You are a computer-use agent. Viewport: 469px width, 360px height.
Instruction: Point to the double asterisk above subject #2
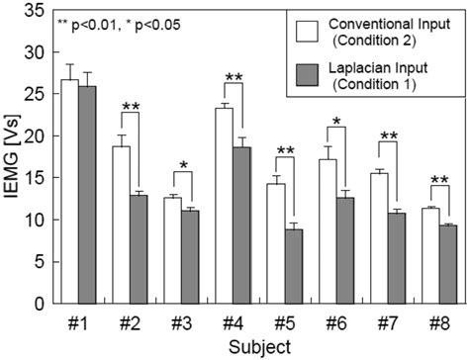(x=131, y=108)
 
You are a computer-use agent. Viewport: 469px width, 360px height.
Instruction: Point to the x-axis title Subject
(x=256, y=347)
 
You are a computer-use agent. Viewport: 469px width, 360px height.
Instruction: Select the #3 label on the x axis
(x=182, y=323)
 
